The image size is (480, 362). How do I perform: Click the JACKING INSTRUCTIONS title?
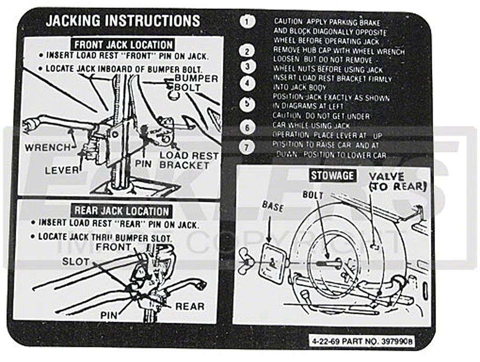(123, 21)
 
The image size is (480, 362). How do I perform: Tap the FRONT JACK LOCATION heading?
(123, 45)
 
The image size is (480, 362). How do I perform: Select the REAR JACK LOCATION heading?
(122, 211)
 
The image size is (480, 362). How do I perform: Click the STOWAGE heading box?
(332, 175)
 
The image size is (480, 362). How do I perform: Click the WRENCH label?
(48, 148)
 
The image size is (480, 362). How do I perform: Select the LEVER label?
(62, 170)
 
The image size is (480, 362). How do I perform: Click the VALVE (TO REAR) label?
(398, 181)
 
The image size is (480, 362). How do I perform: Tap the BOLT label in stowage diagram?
(313, 195)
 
